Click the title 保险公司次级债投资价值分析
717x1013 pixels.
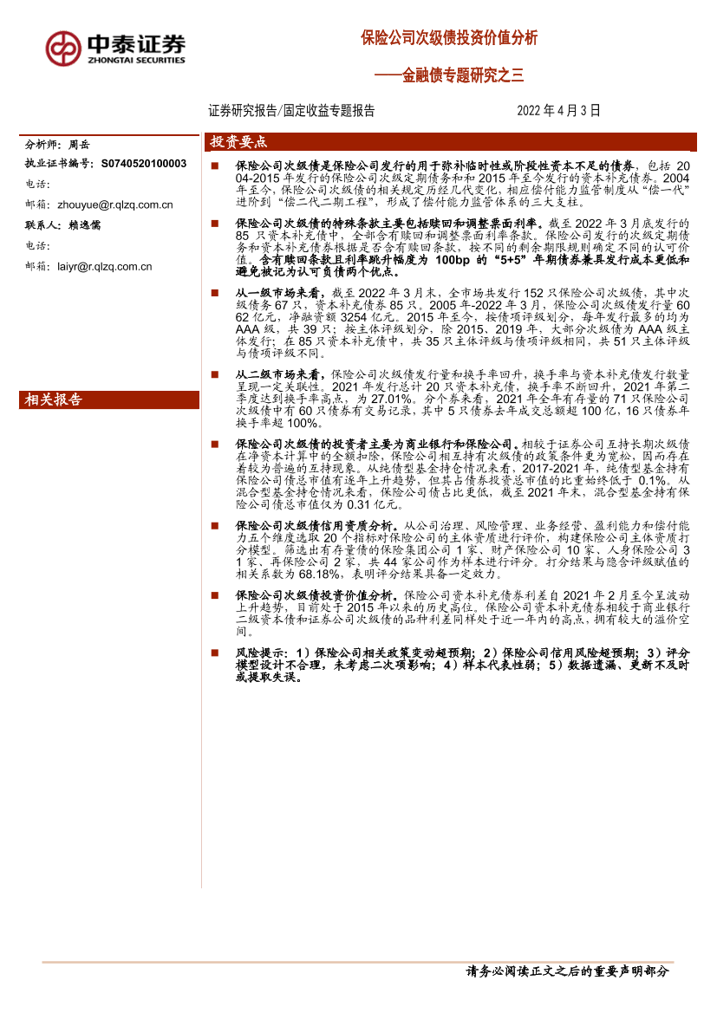[x=449, y=38]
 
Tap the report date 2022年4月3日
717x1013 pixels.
[x=558, y=111]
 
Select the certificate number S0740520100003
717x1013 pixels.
[x=144, y=163]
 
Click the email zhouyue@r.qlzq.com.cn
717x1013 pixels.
[x=116, y=205]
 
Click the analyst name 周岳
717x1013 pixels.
[x=79, y=144]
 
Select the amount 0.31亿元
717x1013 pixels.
[x=372, y=503]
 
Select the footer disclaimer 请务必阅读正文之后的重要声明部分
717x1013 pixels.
[x=568, y=971]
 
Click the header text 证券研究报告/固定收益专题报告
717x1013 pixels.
[x=291, y=111]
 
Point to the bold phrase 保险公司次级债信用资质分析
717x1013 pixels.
[x=317, y=525]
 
